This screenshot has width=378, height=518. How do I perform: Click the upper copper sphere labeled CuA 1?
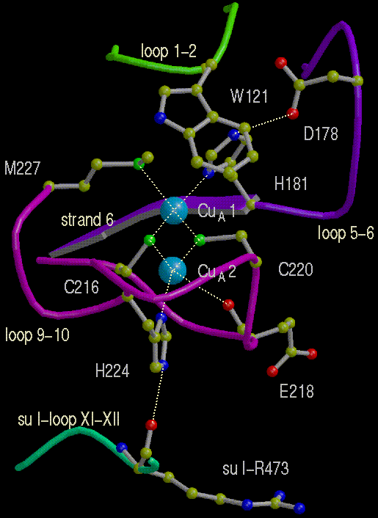point(174,211)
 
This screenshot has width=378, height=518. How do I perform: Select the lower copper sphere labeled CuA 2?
point(172,270)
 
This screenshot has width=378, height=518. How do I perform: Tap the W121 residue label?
point(249,96)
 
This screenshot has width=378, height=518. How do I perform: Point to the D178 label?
point(321,134)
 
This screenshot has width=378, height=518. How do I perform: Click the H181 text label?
point(291,183)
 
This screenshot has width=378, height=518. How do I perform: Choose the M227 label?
point(22,168)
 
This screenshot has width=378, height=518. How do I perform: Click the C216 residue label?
point(81,287)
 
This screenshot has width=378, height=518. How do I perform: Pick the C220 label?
point(295,269)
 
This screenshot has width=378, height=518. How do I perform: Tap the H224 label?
point(112,371)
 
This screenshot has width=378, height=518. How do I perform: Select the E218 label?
point(297,392)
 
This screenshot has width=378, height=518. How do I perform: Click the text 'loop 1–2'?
point(169,52)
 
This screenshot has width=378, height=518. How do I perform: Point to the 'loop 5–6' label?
point(346,233)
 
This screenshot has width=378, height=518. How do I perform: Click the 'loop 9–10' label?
point(37,335)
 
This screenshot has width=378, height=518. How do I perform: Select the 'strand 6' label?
point(87,219)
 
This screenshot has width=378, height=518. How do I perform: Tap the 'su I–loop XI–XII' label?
point(69,420)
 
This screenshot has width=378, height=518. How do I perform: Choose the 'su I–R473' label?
point(255,468)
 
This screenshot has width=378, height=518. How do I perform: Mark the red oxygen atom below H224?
point(151,425)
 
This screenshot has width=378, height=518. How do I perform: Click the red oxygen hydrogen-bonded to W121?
point(293,113)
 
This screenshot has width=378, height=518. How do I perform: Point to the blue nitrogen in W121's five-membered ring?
point(159,118)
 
